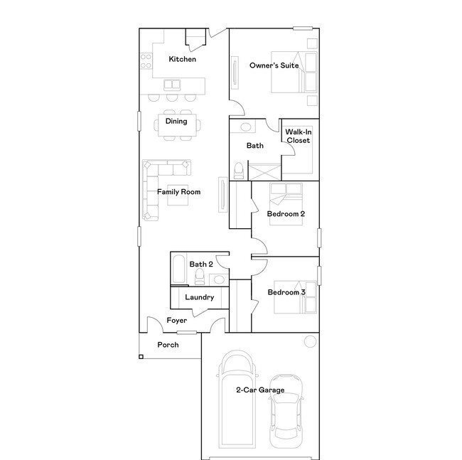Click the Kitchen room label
click(x=182, y=59)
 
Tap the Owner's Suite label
click(x=274, y=65)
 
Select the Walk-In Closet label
click(x=298, y=136)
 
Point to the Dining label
click(x=176, y=121)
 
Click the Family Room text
click(x=178, y=191)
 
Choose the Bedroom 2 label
click(x=286, y=214)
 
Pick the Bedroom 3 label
click(x=286, y=292)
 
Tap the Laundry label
click(x=199, y=297)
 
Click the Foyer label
click(x=177, y=321)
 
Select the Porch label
click(x=168, y=345)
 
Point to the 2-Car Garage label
click(x=260, y=390)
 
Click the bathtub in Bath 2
click(x=178, y=272)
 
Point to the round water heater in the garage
click(x=310, y=342)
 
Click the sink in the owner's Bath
click(x=245, y=128)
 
